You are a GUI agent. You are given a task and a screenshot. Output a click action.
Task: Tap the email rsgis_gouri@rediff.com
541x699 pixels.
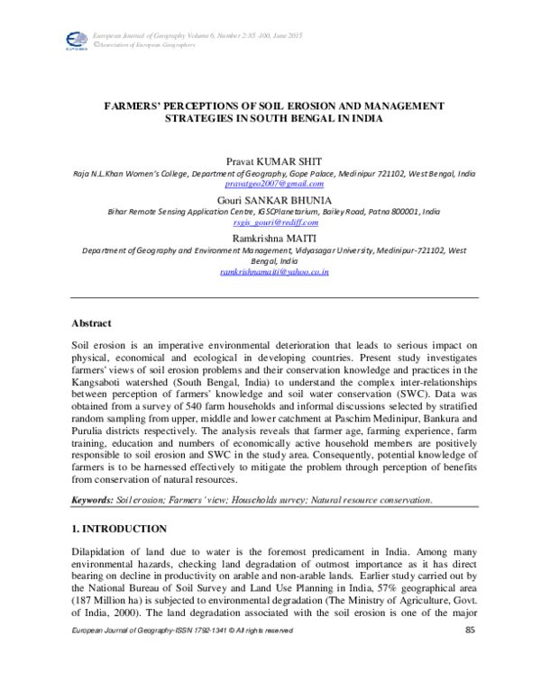(270, 222)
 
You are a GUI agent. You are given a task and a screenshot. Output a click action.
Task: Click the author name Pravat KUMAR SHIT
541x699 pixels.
(270, 159)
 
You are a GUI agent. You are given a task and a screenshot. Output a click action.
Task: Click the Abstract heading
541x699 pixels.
(91, 322)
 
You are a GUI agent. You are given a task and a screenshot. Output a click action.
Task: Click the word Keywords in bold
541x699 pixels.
(92, 499)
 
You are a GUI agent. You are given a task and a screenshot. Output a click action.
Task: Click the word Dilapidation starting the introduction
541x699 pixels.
(102, 550)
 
